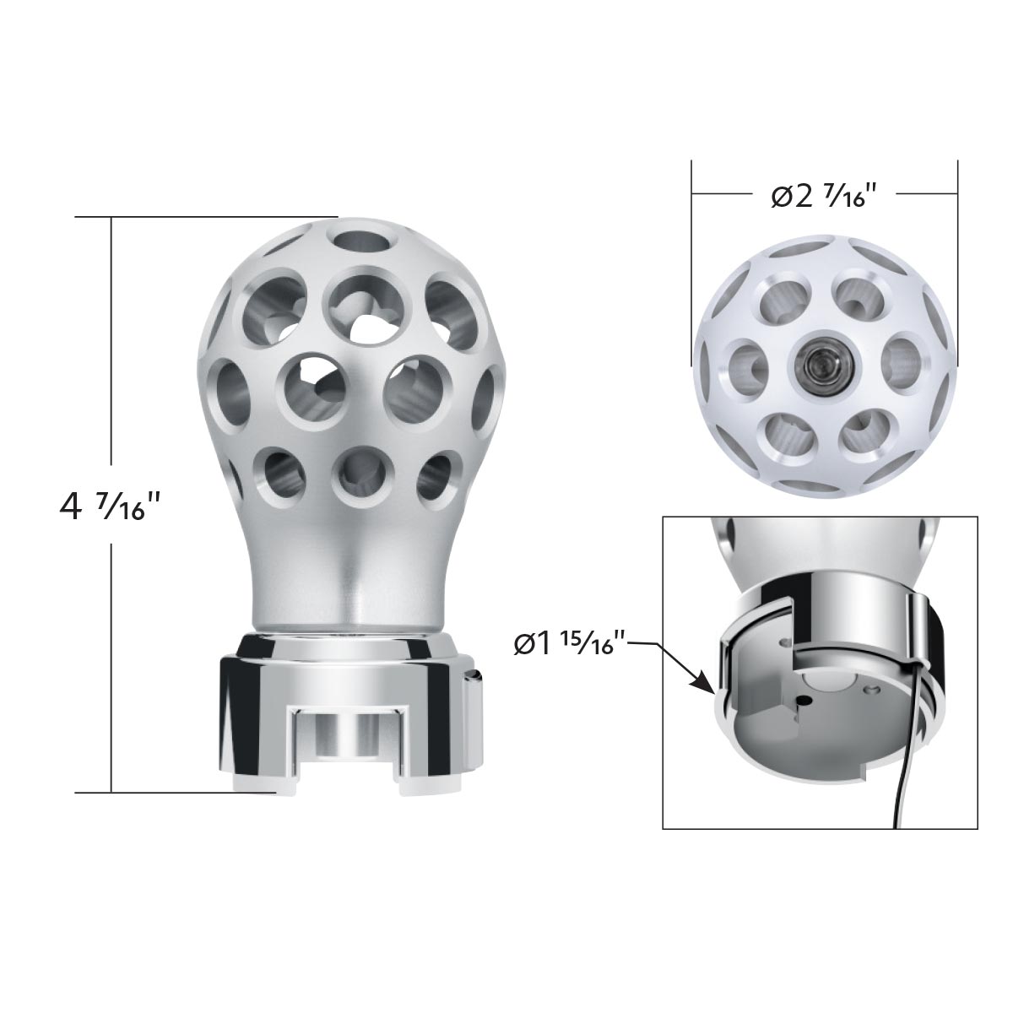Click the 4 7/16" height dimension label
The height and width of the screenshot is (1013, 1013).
110,506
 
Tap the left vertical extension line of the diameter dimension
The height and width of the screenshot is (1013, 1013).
692,253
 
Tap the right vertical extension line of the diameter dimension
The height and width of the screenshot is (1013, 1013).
957,253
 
